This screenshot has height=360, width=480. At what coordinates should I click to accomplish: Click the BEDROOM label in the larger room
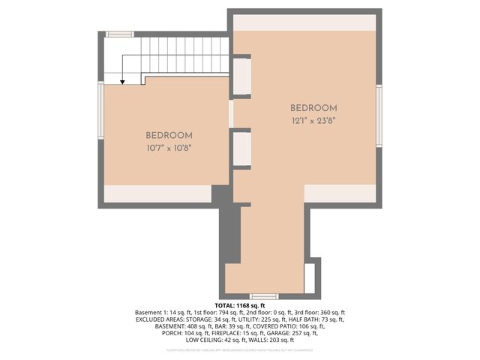pyautogui.click(x=313, y=108)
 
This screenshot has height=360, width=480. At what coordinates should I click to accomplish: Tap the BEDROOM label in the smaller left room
pyautogui.click(x=169, y=135)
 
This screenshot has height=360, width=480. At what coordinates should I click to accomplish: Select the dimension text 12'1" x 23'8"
pyautogui.click(x=313, y=121)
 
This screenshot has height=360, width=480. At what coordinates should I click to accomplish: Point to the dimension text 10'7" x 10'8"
pyautogui.click(x=169, y=148)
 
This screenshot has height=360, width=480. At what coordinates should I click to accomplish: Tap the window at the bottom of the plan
pyautogui.click(x=264, y=296)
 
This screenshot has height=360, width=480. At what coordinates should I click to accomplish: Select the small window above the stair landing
pyautogui.click(x=119, y=34)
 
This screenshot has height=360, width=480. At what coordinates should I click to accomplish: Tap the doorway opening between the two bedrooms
pyautogui.click(x=232, y=112)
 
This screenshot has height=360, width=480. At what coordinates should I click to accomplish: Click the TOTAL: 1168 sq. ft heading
pyautogui.click(x=240, y=305)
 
